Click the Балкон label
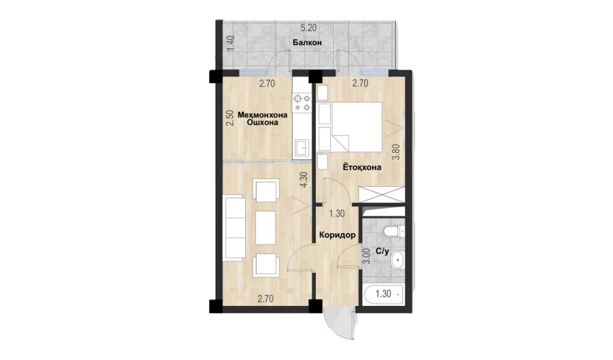pyautogui.click(x=307, y=43)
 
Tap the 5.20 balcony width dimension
pyautogui.click(x=309, y=28)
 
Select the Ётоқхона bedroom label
pyautogui.click(x=362, y=167)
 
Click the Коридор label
pyautogui.click(x=338, y=235)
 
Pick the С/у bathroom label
pyautogui.click(x=382, y=251)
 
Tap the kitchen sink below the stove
pyautogui.click(x=302, y=148)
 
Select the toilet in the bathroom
pyautogui.click(x=394, y=232)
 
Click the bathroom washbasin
pyautogui.click(x=397, y=260)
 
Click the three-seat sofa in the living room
pyautogui.click(x=234, y=228)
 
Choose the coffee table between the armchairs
pyautogui.click(x=266, y=227)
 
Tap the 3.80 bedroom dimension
pyautogui.click(x=396, y=152)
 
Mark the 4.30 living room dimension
pyautogui.click(x=304, y=180)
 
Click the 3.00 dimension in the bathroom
pyautogui.click(x=366, y=257)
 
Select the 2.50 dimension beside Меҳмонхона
pyautogui.click(x=231, y=118)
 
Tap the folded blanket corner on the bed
pyautogui.click(x=341, y=143)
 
